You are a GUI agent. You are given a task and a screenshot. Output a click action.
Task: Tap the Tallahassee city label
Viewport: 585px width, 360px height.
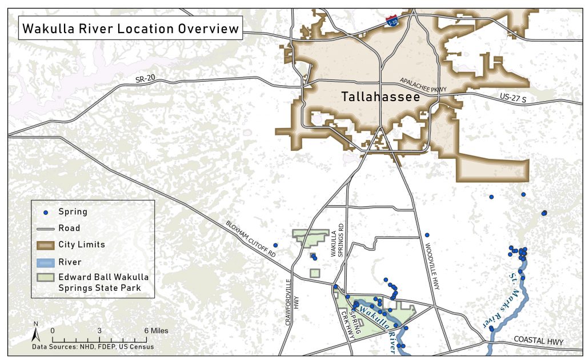point(380,98)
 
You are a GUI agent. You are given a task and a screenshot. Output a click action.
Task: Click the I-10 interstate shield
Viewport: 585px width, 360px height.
point(392,21)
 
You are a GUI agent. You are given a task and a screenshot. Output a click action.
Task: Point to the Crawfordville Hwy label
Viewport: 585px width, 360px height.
point(291,302)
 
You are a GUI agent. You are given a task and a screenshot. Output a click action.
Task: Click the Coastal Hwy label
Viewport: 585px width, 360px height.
point(538,341)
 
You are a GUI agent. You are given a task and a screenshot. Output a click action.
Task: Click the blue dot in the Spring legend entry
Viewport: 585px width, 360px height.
point(46,212)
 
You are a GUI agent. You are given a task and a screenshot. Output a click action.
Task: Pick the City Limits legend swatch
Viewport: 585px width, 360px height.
point(46,245)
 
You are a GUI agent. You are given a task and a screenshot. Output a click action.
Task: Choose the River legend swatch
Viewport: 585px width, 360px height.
point(46,262)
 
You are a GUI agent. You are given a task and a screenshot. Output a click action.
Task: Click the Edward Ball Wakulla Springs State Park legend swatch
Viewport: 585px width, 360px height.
point(46,278)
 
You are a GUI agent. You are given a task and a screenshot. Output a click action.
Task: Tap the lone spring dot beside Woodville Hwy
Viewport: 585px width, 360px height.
point(427,235)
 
